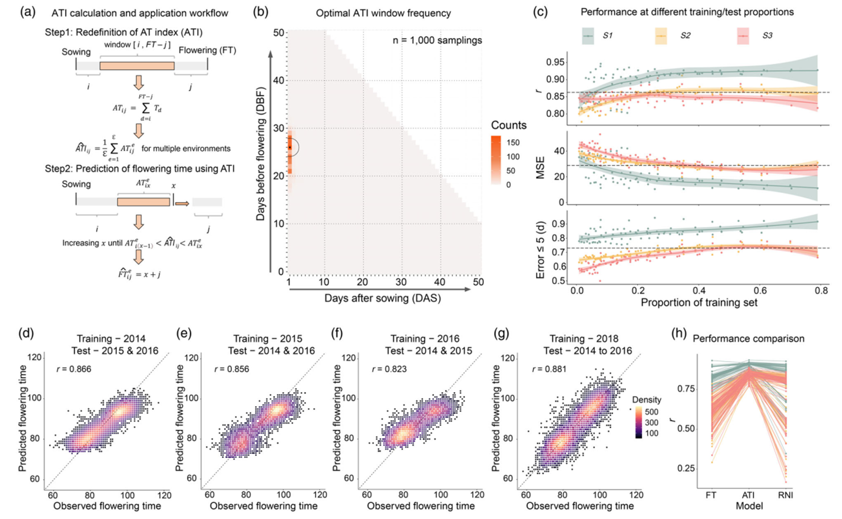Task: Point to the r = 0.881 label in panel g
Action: pos(549,369)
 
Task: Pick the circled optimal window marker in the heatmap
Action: pos(290,147)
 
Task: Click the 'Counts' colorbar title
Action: pos(509,125)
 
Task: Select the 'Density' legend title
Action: pos(646,400)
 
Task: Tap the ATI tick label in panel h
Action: pos(748,495)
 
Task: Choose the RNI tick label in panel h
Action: pos(785,495)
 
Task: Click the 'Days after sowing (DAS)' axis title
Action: pos(382,298)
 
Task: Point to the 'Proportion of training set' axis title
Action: pos(699,303)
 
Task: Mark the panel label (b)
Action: pos(261,12)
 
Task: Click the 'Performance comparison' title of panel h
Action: pos(748,339)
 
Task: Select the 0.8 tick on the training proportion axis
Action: pos(821,292)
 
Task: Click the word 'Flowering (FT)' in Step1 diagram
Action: pos(207,51)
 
